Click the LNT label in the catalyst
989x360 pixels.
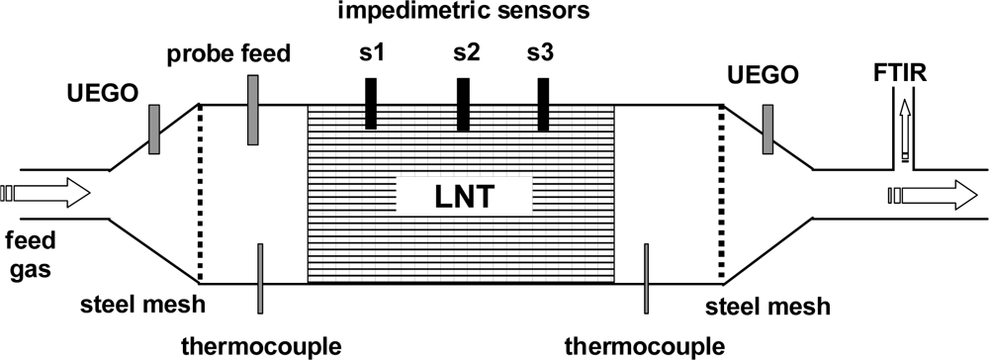(x=465, y=197)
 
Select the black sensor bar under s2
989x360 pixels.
(x=463, y=103)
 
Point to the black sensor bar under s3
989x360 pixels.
(x=543, y=103)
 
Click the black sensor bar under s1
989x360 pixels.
(x=371, y=103)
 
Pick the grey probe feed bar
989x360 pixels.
(x=253, y=118)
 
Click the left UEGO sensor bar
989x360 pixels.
(x=155, y=129)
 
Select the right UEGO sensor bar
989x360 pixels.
(x=766, y=129)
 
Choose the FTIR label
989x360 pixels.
(x=901, y=71)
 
